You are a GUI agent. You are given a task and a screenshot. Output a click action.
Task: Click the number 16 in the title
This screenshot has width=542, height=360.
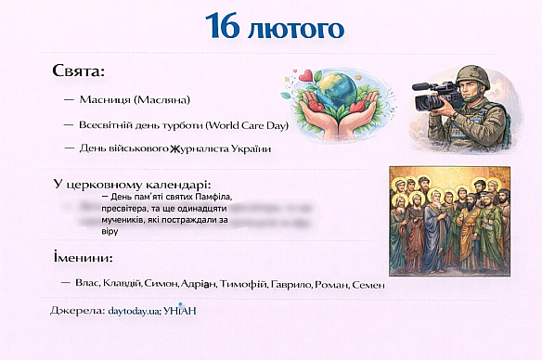222,27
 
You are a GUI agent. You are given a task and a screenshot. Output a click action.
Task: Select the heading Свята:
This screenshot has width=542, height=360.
79,71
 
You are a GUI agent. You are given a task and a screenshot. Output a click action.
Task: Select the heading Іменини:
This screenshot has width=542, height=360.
84,257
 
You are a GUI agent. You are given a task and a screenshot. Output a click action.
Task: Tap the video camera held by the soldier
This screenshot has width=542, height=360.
437,95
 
